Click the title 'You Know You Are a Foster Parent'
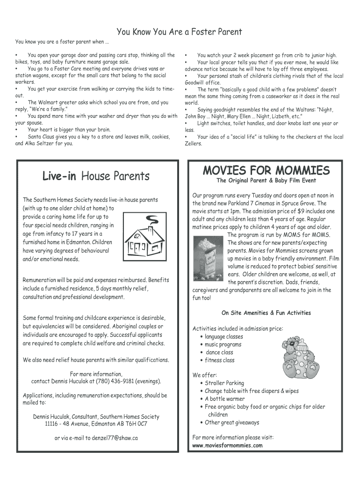tap(179, 32)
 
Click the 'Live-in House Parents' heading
tap(96, 176)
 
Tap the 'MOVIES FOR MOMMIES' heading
tap(266, 170)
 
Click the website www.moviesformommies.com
tap(227, 445)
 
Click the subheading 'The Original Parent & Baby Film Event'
tap(266, 181)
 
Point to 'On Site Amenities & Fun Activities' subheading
tap(266, 313)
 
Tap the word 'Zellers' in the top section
tap(194, 144)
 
